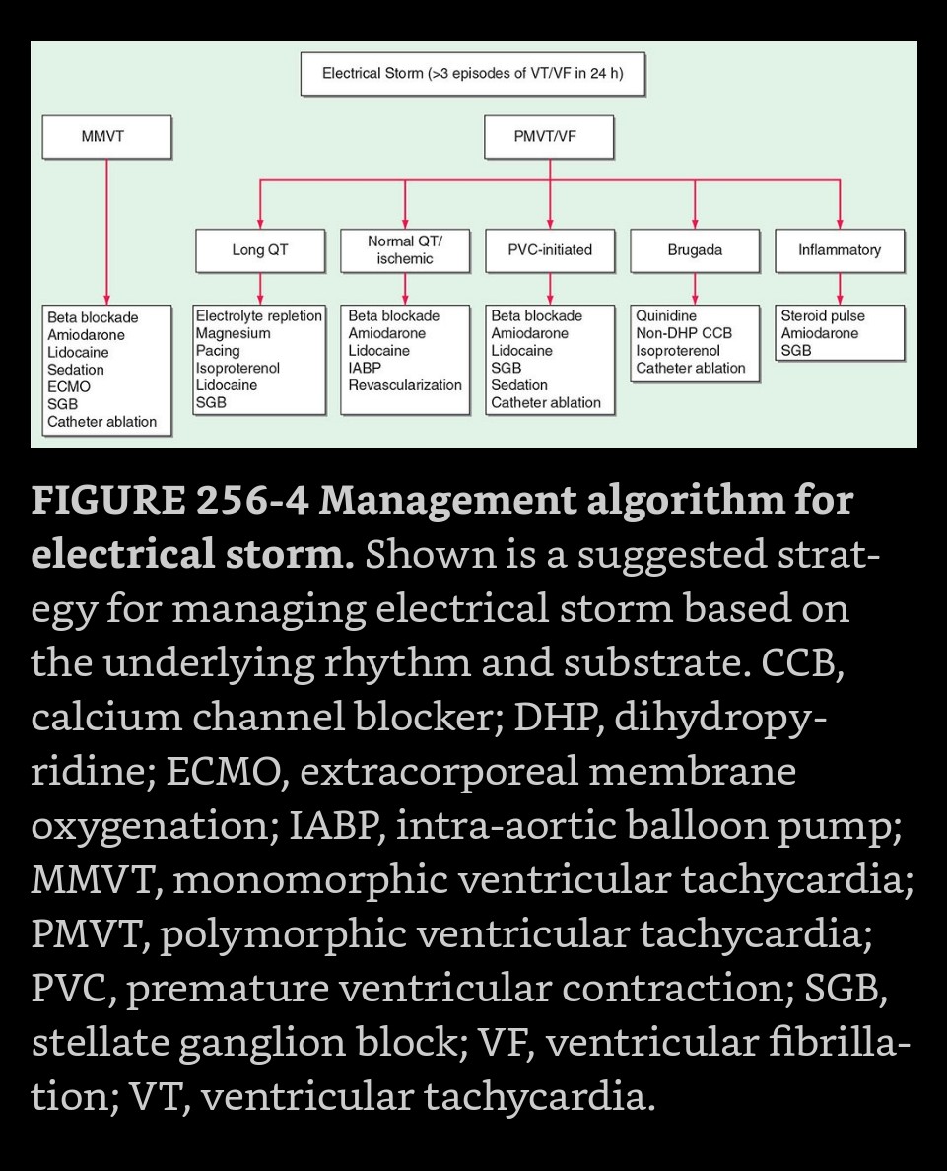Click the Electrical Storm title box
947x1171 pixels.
(x=473, y=74)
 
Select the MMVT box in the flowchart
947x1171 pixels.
(x=106, y=136)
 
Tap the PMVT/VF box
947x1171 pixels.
(x=549, y=136)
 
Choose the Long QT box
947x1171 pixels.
(x=260, y=250)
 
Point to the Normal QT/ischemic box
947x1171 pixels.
(x=405, y=250)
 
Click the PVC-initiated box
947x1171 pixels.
(x=550, y=250)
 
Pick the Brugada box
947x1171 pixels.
(x=695, y=250)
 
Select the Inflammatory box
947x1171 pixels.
(x=840, y=250)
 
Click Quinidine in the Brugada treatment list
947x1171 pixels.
(x=666, y=316)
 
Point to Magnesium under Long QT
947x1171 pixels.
(x=233, y=334)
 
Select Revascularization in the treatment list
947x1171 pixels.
(x=405, y=385)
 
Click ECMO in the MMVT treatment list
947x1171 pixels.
(x=69, y=387)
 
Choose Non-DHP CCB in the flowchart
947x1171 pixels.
(x=684, y=334)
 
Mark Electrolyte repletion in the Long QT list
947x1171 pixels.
(x=259, y=316)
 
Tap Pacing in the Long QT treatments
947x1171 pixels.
(x=218, y=351)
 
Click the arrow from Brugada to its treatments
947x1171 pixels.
(x=695, y=288)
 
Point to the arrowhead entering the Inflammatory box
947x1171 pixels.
(x=840, y=224)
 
